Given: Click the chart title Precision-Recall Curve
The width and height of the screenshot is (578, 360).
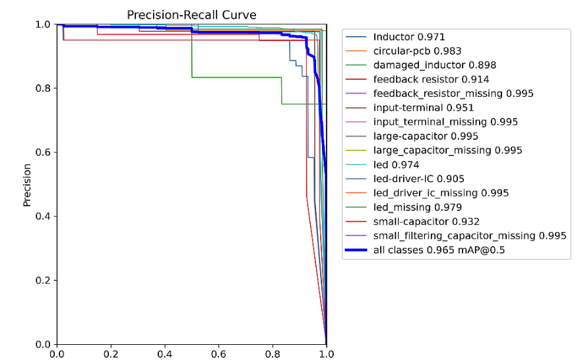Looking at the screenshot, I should pyautogui.click(x=191, y=15).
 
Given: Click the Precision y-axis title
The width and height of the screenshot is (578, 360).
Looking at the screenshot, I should pyautogui.click(x=27, y=185).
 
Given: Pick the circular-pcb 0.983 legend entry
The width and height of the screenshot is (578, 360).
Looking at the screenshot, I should pyautogui.click(x=417, y=51).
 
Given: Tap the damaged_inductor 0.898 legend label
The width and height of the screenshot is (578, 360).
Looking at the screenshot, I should pyautogui.click(x=434, y=65).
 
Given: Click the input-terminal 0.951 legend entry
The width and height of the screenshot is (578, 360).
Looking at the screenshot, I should pyautogui.click(x=423, y=107).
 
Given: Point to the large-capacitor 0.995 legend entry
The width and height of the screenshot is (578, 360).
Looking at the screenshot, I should pyautogui.click(x=426, y=136).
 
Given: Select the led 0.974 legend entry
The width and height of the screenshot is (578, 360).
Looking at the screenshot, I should pyautogui.click(x=396, y=165).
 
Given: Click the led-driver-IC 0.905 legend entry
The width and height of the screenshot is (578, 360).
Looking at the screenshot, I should pyautogui.click(x=418, y=179).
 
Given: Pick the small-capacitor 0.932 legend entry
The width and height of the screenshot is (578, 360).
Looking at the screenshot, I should pyautogui.click(x=426, y=222).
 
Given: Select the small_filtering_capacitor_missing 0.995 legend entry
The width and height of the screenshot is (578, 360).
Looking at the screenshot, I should pyautogui.click(x=470, y=235).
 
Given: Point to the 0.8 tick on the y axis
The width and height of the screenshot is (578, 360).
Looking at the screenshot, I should pyautogui.click(x=44, y=88).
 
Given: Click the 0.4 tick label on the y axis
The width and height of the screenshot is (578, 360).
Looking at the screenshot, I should pyautogui.click(x=44, y=216).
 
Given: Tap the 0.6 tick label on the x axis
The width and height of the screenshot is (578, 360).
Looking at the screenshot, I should pyautogui.click(x=218, y=353).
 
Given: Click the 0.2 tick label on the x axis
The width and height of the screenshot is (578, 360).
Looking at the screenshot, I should pyautogui.click(x=111, y=353).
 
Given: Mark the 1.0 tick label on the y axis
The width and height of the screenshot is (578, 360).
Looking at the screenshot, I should pyautogui.click(x=44, y=24).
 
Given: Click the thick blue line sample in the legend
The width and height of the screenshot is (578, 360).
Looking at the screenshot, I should pyautogui.click(x=356, y=250).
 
